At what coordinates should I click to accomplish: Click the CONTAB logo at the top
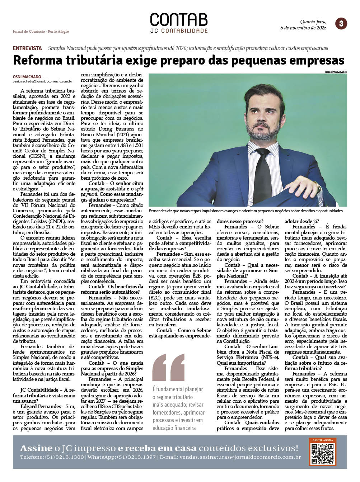coord(179,20)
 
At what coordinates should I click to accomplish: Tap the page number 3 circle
coord(341,24)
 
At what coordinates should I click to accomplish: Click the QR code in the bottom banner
coord(322,454)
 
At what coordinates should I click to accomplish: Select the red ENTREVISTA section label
coord(27,48)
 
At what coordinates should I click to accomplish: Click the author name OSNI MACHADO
coord(27,77)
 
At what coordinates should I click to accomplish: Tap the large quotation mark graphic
coord(168,367)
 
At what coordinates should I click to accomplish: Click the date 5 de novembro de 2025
coord(303,28)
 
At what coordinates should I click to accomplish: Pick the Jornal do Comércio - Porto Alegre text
coord(41,32)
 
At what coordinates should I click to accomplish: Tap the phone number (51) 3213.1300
coord(64,457)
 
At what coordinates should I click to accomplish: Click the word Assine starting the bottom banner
coord(36,448)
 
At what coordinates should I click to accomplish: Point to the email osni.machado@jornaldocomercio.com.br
coord(42,81)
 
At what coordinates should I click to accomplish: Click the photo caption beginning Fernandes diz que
coord(246,211)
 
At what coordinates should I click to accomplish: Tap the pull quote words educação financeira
coord(174,428)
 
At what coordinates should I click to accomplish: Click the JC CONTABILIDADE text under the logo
coord(179,31)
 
